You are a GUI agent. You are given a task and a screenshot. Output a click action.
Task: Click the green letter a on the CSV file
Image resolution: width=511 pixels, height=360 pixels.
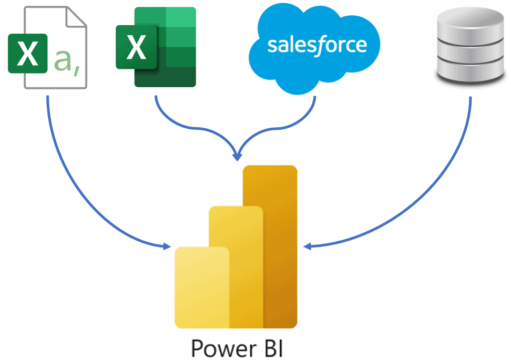click(64, 61)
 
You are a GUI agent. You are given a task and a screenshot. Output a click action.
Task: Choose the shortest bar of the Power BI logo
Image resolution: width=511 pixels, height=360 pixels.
click(202, 286)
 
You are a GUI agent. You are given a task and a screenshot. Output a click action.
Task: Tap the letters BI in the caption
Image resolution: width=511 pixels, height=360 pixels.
click(272, 348)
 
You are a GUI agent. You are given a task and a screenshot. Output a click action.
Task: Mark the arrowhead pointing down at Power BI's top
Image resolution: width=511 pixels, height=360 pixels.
click(238, 157)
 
